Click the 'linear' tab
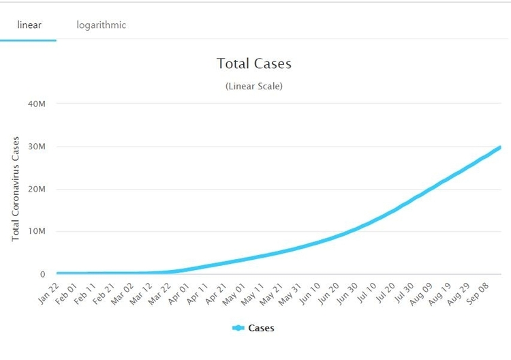click(x=29, y=25)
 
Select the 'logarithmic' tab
click(x=102, y=25)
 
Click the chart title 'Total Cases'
click(x=254, y=63)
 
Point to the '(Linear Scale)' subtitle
click(x=254, y=86)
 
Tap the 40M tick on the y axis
click(x=37, y=104)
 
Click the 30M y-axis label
click(x=37, y=147)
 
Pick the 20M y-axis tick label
click(x=37, y=189)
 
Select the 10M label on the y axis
click(x=37, y=231)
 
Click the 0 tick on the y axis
click(x=43, y=274)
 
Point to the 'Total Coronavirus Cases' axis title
click(x=16, y=189)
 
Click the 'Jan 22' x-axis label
click(x=48, y=293)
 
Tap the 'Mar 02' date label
click(x=123, y=294)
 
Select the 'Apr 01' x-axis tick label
click(x=179, y=293)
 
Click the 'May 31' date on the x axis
click(x=290, y=294)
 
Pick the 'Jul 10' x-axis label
click(x=367, y=292)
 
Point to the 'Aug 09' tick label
click(x=421, y=294)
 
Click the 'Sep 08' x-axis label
click(x=478, y=293)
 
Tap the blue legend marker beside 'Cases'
click(x=238, y=328)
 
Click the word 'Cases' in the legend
click(x=262, y=328)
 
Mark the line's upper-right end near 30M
click(x=500, y=147)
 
